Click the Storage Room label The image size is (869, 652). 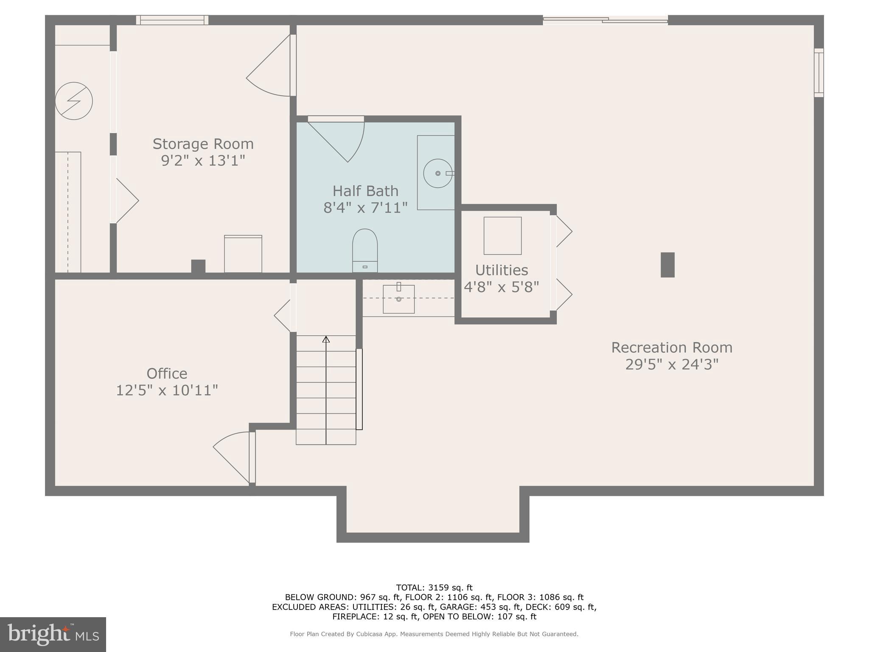click(x=203, y=144)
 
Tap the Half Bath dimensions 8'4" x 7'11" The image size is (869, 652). click(x=365, y=208)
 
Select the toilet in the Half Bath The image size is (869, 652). click(x=365, y=250)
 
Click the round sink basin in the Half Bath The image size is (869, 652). click(x=438, y=173)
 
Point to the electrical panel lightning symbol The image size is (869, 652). click(x=74, y=101)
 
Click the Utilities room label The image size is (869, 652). click(x=502, y=270)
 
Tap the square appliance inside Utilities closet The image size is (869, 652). click(x=502, y=236)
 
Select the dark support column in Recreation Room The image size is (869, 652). click(x=667, y=265)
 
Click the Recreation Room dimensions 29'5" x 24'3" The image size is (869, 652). click(x=672, y=365)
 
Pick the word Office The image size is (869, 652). click(x=167, y=374)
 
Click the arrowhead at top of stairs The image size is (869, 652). click(x=326, y=339)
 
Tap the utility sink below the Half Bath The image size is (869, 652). click(x=398, y=299)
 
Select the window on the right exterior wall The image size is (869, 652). click(x=819, y=73)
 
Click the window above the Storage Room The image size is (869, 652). click(x=172, y=20)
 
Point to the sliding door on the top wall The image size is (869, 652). click(x=605, y=20)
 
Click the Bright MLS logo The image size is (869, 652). click(x=53, y=634)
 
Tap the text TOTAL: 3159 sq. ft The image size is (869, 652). click(x=434, y=588)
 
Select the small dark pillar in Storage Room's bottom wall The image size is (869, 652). click(x=198, y=267)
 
